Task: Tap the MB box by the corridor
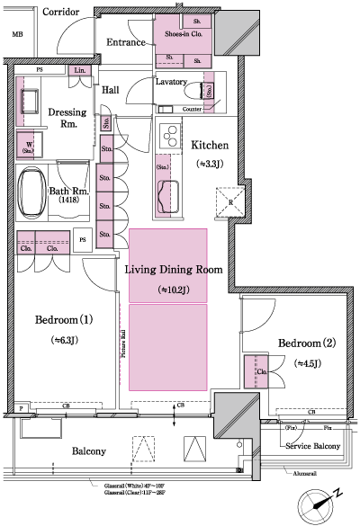[16, 35]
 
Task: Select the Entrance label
[127, 42]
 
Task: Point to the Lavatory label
[170, 82]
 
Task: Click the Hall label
[111, 90]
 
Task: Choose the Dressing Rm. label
[67, 119]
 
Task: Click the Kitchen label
[210, 146]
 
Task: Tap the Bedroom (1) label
[65, 319]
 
